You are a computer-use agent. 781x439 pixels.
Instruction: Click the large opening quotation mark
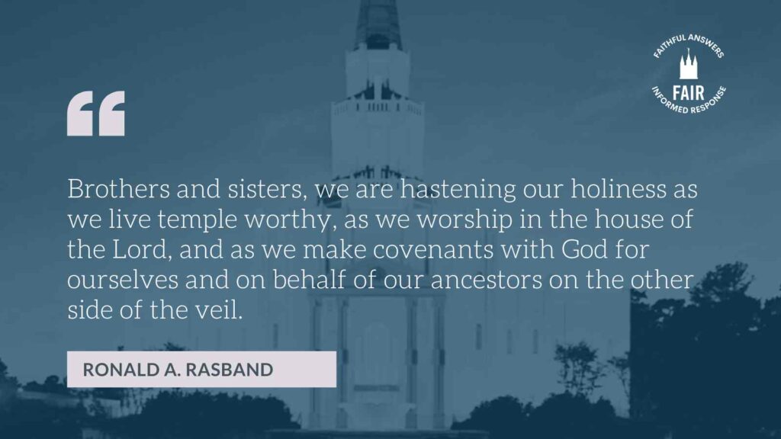click(95, 113)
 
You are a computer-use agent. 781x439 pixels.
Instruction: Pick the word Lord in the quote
click(142, 250)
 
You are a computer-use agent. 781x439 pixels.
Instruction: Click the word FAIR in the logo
click(689, 93)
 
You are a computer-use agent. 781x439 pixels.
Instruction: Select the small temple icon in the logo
click(689, 64)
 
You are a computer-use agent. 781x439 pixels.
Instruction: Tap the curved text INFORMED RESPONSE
click(689, 103)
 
